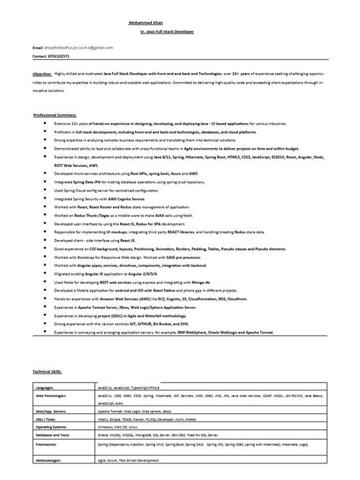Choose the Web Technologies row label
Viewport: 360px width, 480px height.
57,396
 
